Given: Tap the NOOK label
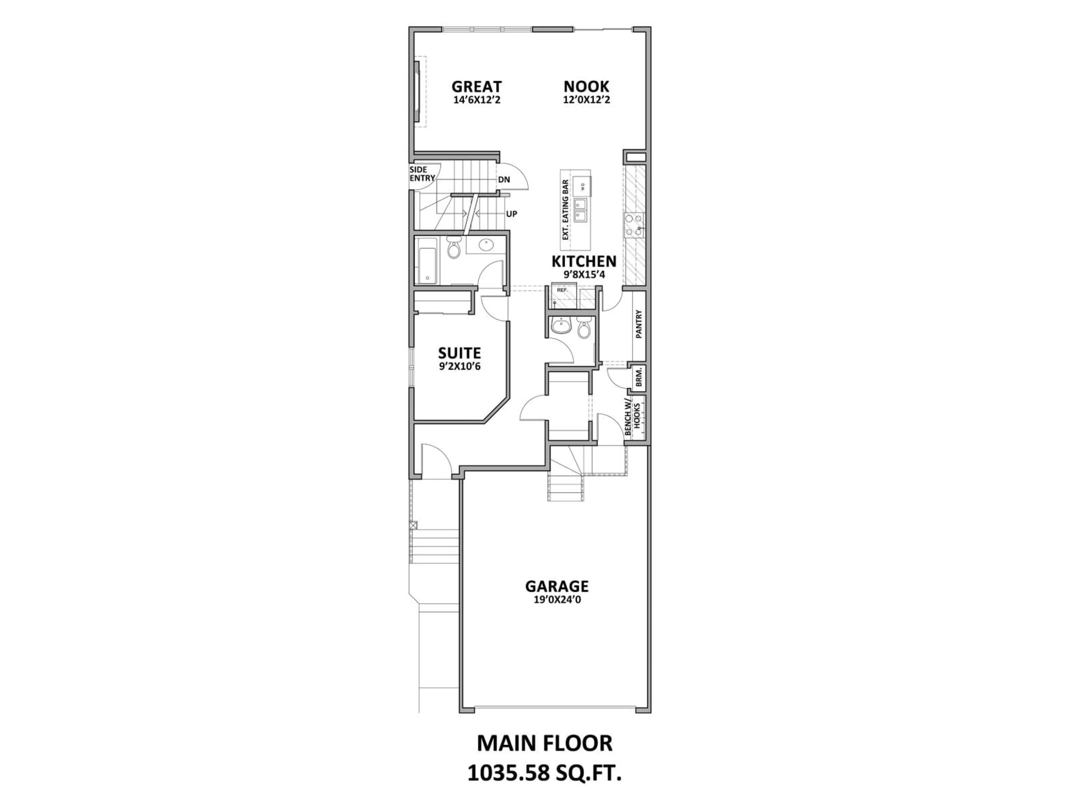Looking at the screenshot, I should [586, 87].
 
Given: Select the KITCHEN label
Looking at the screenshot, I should [584, 261].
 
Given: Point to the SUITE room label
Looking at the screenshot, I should [459, 353].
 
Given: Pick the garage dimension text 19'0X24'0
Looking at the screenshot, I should [557, 600].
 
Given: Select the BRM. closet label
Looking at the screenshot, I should [639, 377].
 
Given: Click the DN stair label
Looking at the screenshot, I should [504, 180].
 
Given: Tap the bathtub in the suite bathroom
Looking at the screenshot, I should [427, 261].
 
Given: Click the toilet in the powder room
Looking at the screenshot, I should [583, 329].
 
